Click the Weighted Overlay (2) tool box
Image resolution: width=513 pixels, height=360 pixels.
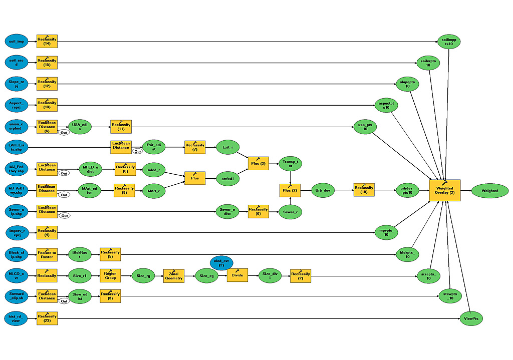pyautogui.click(x=444, y=191)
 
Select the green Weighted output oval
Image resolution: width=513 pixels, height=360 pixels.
pyautogui.click(x=489, y=191)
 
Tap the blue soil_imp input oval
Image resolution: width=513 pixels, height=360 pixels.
pyautogui.click(x=17, y=42)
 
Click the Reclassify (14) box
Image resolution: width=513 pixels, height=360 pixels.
pyautogui.click(x=47, y=42)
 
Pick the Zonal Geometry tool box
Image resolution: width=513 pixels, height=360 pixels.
pyautogui.click(x=174, y=275)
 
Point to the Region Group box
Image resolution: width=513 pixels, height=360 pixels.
pyautogui.click(x=110, y=275)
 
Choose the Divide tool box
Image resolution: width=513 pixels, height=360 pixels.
pyautogui.click(x=237, y=275)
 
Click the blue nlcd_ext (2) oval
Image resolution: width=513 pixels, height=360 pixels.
pyautogui.click(x=221, y=262)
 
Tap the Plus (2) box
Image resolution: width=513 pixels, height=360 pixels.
pyautogui.click(x=290, y=191)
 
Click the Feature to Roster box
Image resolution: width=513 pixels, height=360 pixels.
pyautogui.click(x=47, y=254)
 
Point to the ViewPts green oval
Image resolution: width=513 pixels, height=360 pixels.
pyautogui.click(x=471, y=318)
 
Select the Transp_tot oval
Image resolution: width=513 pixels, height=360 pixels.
pyautogui.click(x=290, y=163)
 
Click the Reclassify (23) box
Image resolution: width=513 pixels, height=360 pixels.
pyautogui.click(x=47, y=318)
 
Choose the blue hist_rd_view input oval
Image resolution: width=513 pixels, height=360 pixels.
pyautogui.click(x=17, y=318)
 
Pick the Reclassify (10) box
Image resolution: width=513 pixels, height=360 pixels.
pyautogui.click(x=364, y=191)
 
